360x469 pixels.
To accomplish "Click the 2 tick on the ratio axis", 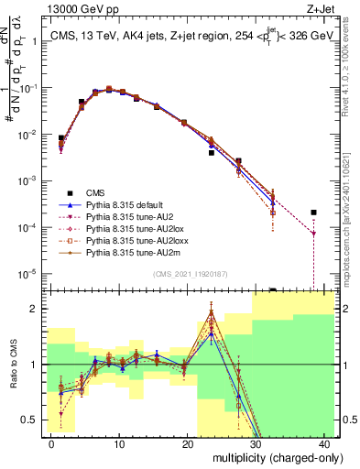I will [37, 309].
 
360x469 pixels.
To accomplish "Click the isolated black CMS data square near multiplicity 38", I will [313, 213].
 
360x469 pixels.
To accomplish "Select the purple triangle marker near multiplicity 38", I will [313, 234].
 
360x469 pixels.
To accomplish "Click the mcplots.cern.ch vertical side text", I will [351, 211].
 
